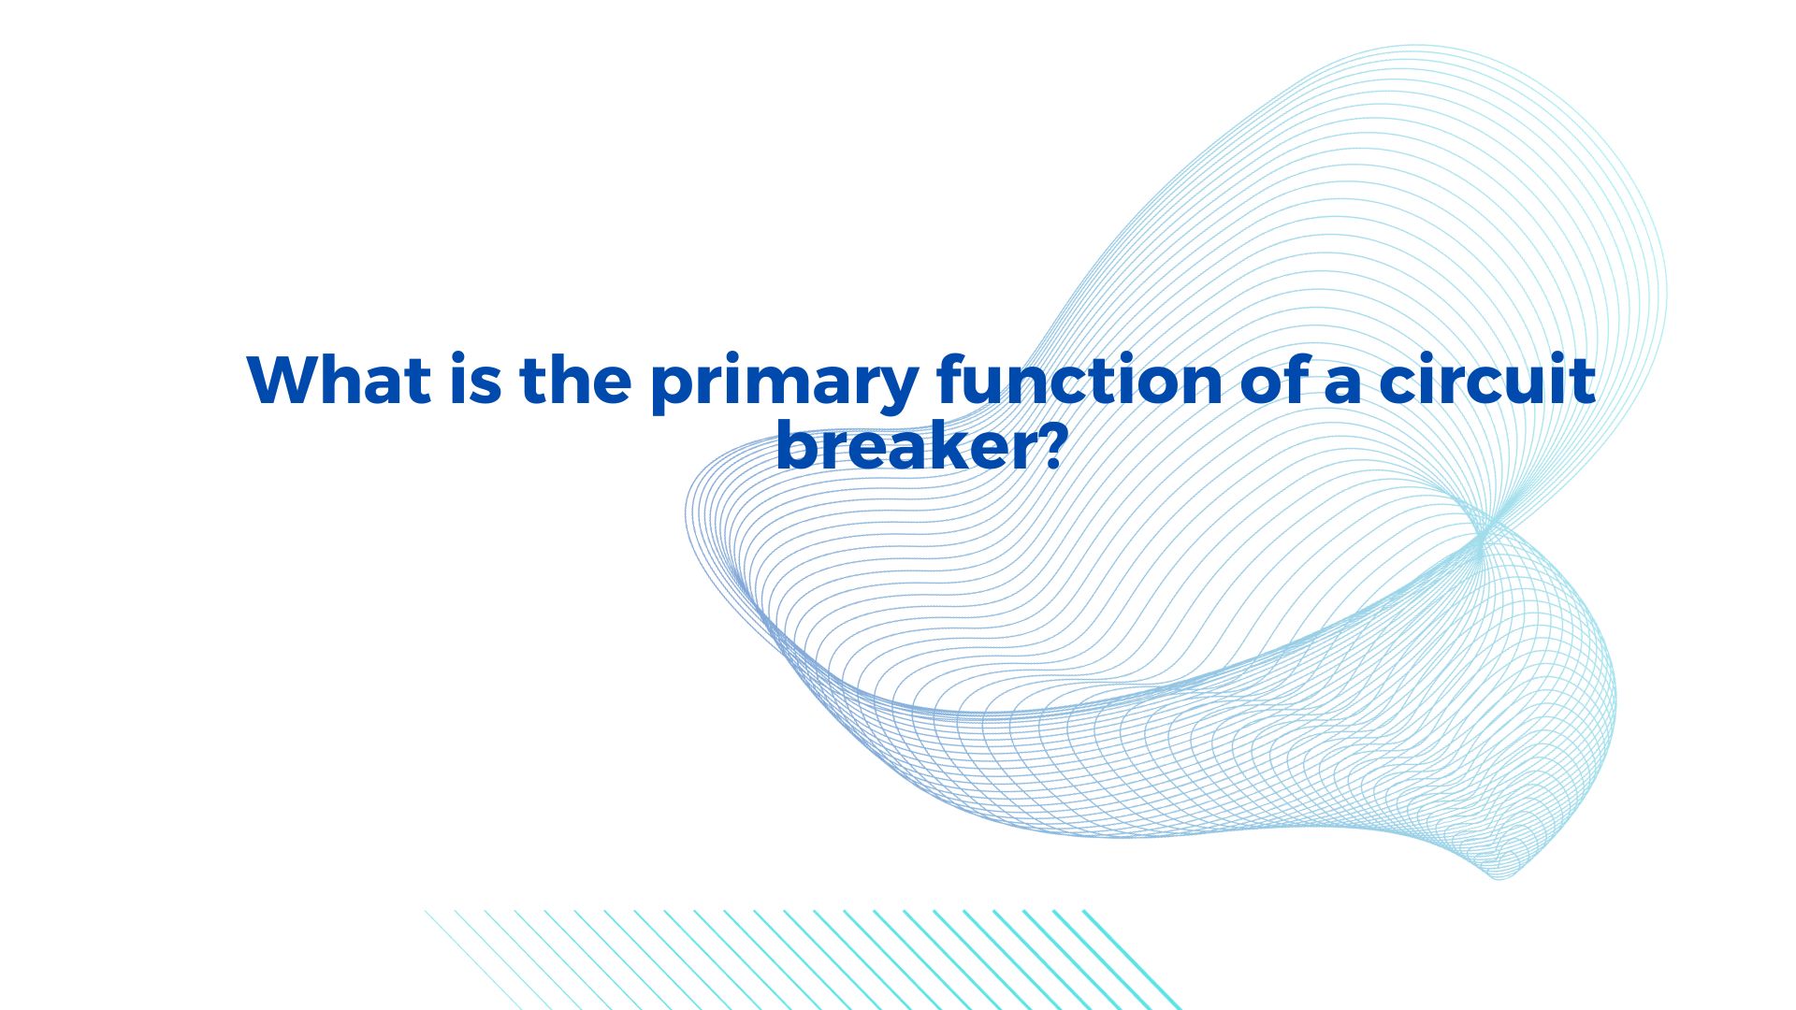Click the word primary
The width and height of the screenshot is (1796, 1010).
(x=784, y=383)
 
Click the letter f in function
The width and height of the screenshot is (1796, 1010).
(x=953, y=379)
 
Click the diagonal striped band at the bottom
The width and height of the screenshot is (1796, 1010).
(x=803, y=959)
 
